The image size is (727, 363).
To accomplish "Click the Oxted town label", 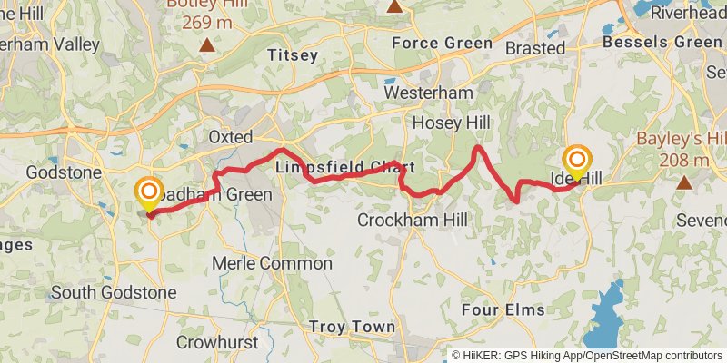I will click(x=229, y=136).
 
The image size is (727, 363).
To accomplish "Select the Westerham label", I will click(x=441, y=93).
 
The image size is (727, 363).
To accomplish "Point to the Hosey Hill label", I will click(x=451, y=123).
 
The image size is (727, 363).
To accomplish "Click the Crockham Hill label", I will click(x=413, y=221).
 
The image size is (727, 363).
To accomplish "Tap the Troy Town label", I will click(x=352, y=327).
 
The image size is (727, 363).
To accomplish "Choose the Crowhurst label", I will click(x=217, y=343).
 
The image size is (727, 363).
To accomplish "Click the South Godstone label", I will click(x=114, y=292).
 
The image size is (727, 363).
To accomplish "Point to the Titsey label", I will click(x=293, y=55).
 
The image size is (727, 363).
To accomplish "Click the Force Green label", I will click(x=442, y=43).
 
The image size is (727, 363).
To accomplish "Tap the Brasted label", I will click(x=535, y=47).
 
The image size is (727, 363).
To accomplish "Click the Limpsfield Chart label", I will click(x=345, y=168).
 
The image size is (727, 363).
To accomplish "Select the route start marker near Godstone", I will click(x=149, y=193).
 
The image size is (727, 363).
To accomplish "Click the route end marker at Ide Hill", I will click(x=576, y=161).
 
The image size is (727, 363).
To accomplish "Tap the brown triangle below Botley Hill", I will click(x=208, y=44).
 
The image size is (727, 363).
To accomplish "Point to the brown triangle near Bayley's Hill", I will click(x=683, y=181).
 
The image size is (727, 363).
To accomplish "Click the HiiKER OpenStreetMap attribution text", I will click(x=587, y=355).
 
